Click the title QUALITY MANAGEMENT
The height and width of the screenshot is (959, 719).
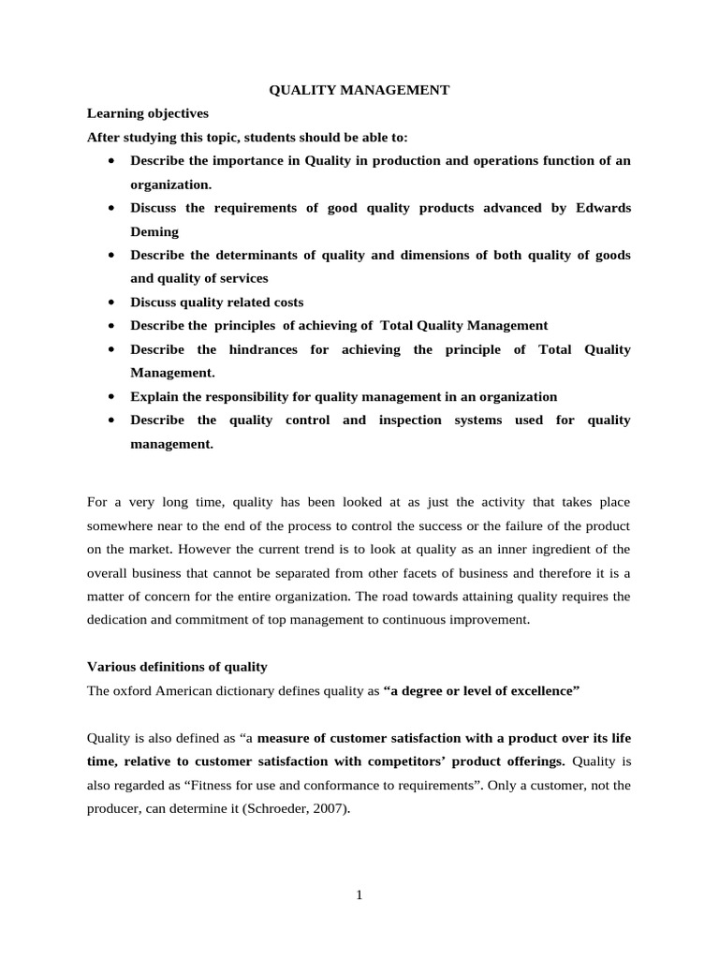coord(359,90)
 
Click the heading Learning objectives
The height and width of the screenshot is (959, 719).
coord(147,113)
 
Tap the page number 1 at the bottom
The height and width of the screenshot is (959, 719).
coord(359,895)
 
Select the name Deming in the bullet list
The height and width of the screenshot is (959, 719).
coord(154,231)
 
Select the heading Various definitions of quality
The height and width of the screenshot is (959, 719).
coord(177,667)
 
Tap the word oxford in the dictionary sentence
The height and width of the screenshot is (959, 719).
coord(135,691)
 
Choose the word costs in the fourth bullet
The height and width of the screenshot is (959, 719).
coord(285,302)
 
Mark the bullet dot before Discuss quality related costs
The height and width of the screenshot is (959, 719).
coord(111,302)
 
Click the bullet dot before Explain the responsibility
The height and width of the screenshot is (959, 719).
coord(111,397)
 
